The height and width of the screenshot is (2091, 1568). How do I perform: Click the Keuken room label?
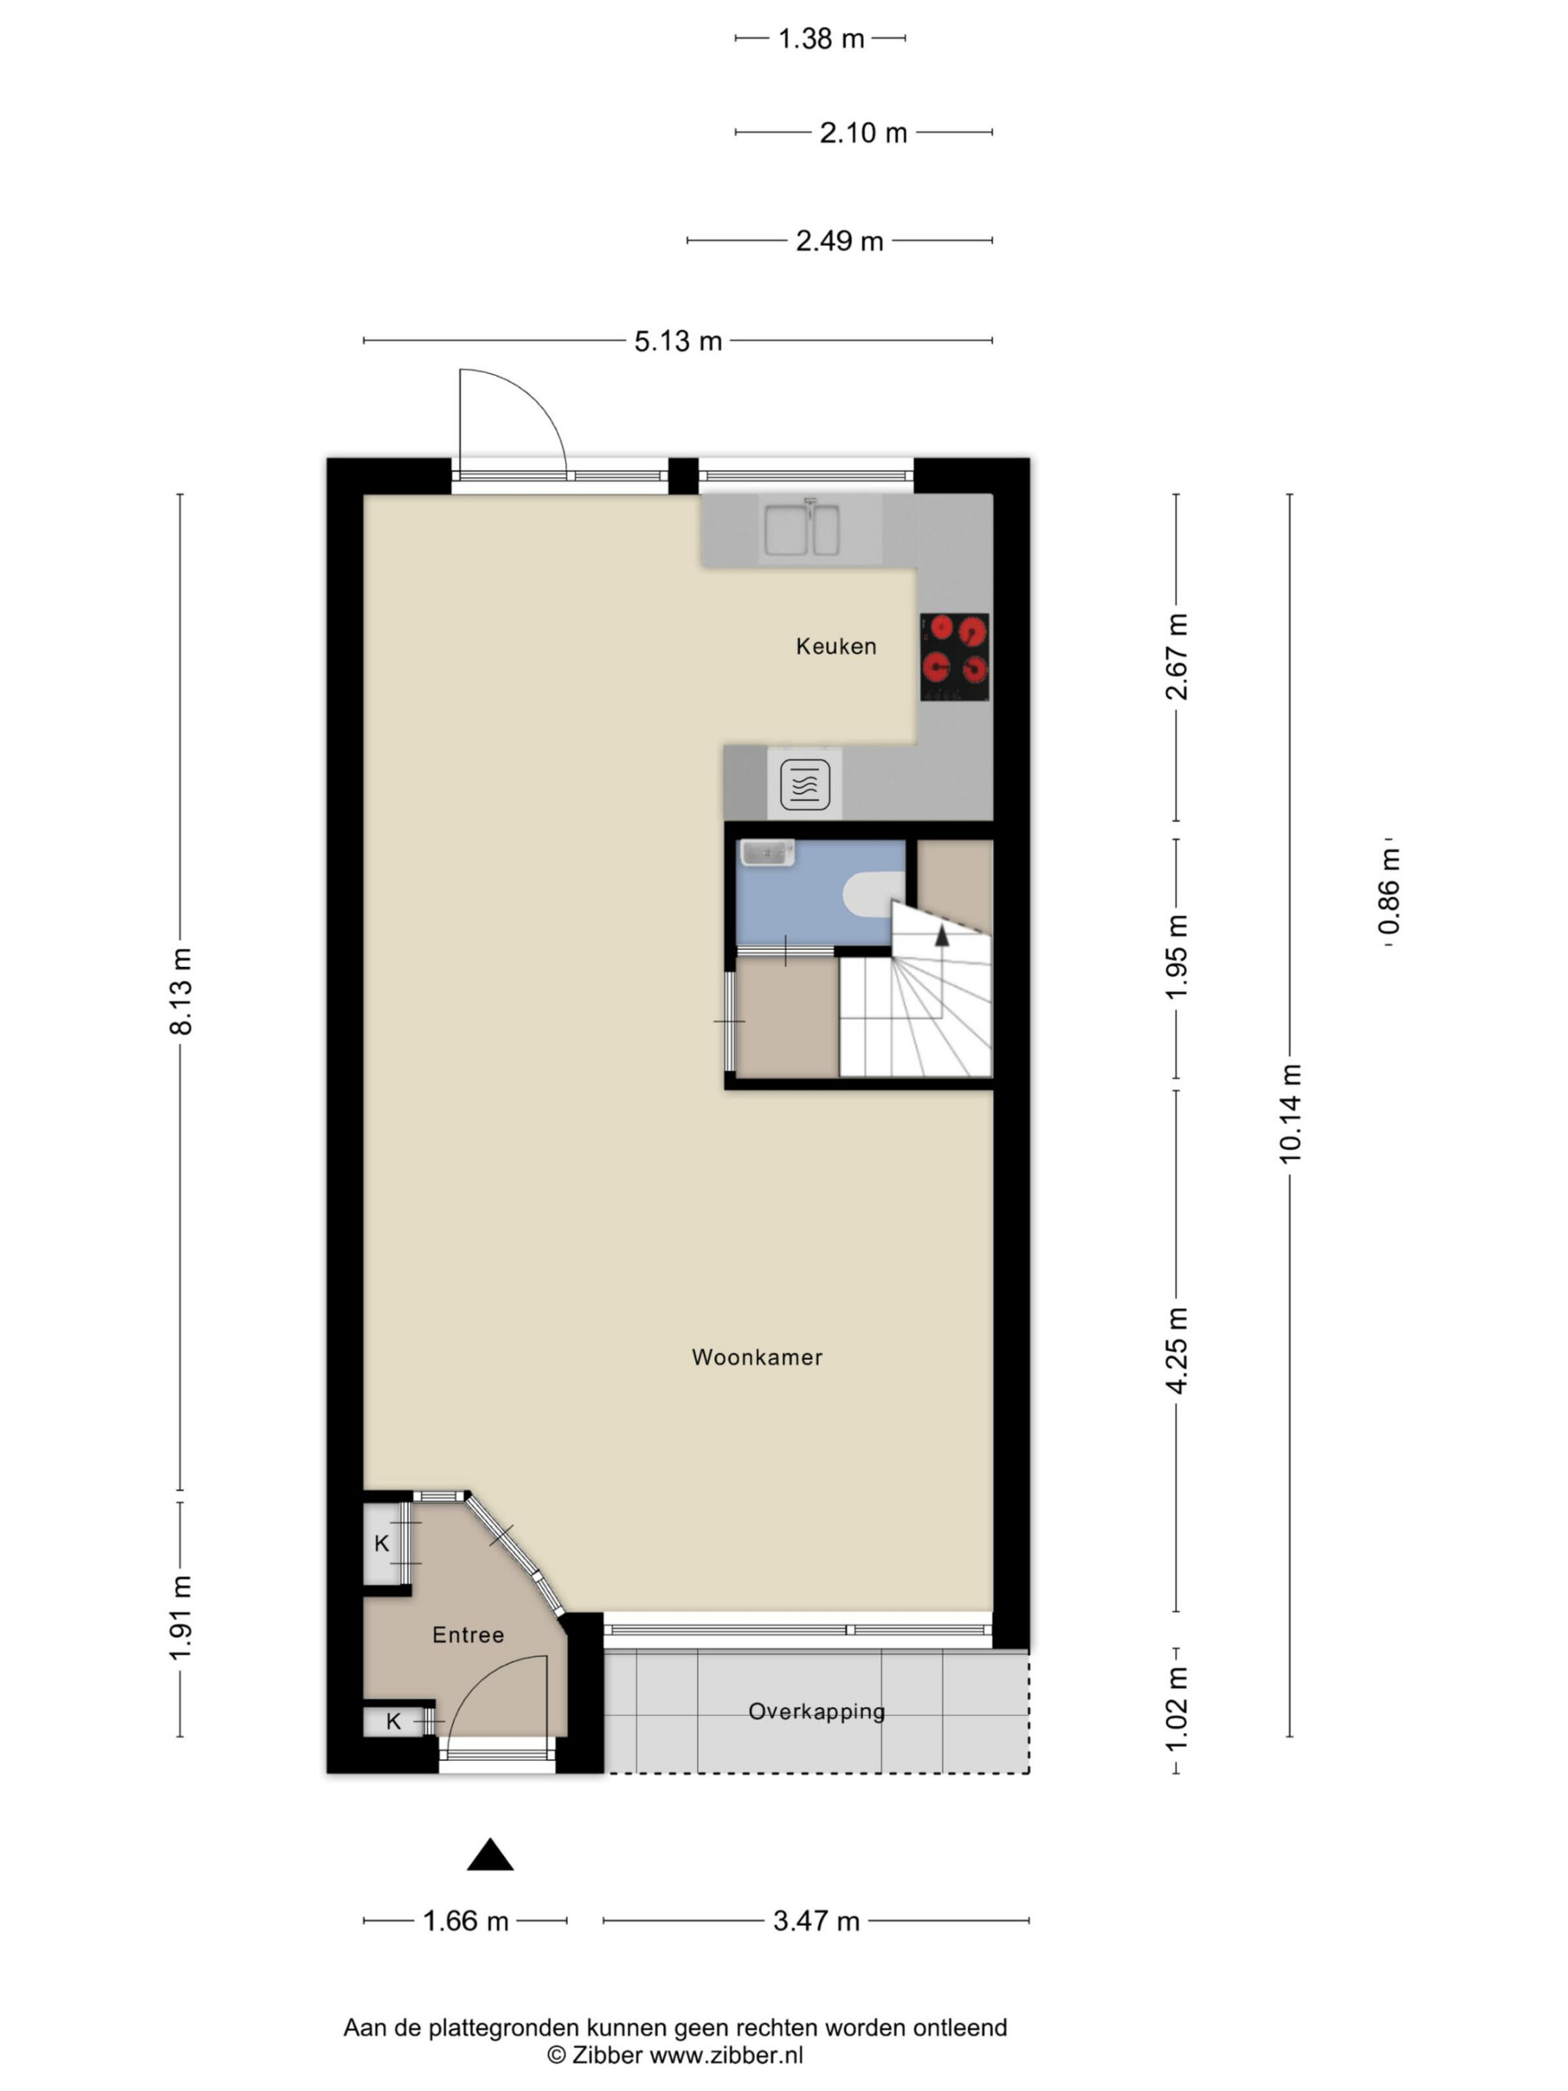pyautogui.click(x=835, y=647)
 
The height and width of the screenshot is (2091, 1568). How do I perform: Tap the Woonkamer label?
pyautogui.click(x=757, y=1358)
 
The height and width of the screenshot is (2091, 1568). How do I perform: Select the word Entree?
pyautogui.click(x=468, y=1635)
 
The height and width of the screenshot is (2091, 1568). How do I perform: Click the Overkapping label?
pyautogui.click(x=817, y=1712)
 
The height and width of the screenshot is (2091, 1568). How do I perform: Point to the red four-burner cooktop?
pyautogui.click(x=955, y=657)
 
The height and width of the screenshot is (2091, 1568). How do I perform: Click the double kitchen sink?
pyautogui.click(x=801, y=530)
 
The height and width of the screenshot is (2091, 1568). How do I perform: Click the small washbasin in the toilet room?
pyautogui.click(x=767, y=853)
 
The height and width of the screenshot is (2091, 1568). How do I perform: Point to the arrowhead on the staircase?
pyautogui.click(x=942, y=936)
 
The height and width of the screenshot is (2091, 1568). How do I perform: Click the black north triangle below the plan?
pyautogui.click(x=489, y=1855)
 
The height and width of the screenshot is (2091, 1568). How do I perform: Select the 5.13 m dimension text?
pyautogui.click(x=678, y=341)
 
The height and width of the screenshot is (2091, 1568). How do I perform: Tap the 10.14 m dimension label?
pyautogui.click(x=1290, y=1113)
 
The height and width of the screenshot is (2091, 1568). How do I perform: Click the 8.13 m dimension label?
pyautogui.click(x=180, y=992)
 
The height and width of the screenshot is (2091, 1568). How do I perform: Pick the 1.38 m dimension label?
pyautogui.click(x=821, y=38)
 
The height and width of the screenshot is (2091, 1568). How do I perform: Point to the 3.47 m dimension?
pyautogui.click(x=816, y=1921)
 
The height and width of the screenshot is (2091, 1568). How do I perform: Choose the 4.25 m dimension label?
pyautogui.click(x=1177, y=1351)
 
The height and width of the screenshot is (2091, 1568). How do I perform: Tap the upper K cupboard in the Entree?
pyautogui.click(x=382, y=1544)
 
